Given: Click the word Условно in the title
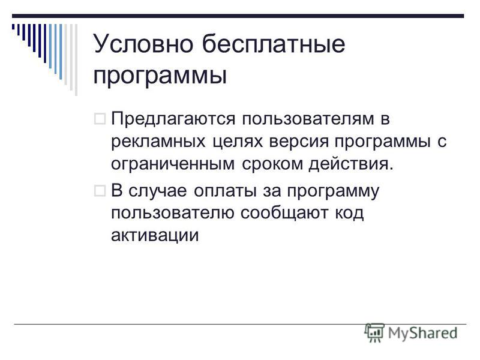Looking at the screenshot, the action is (x=143, y=44).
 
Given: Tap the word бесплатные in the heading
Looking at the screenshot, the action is (x=274, y=43).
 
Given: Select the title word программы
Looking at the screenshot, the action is (x=160, y=76).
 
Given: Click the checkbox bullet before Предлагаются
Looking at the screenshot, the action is (x=100, y=118).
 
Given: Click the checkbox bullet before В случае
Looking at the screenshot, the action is (x=100, y=191).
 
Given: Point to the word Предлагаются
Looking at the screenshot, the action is (x=173, y=119).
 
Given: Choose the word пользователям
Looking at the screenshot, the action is (x=308, y=119).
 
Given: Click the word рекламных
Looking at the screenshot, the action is (x=158, y=142).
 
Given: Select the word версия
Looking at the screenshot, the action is (x=299, y=142).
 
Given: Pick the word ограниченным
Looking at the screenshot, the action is (x=173, y=164).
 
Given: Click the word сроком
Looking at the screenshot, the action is (x=272, y=164).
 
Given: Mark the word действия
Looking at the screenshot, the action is (x=351, y=164).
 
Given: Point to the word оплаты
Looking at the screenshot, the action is (x=226, y=191).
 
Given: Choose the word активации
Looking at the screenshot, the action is (x=155, y=235).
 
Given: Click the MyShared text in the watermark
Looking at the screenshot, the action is (x=423, y=333).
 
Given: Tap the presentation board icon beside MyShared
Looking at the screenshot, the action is (x=374, y=332).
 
